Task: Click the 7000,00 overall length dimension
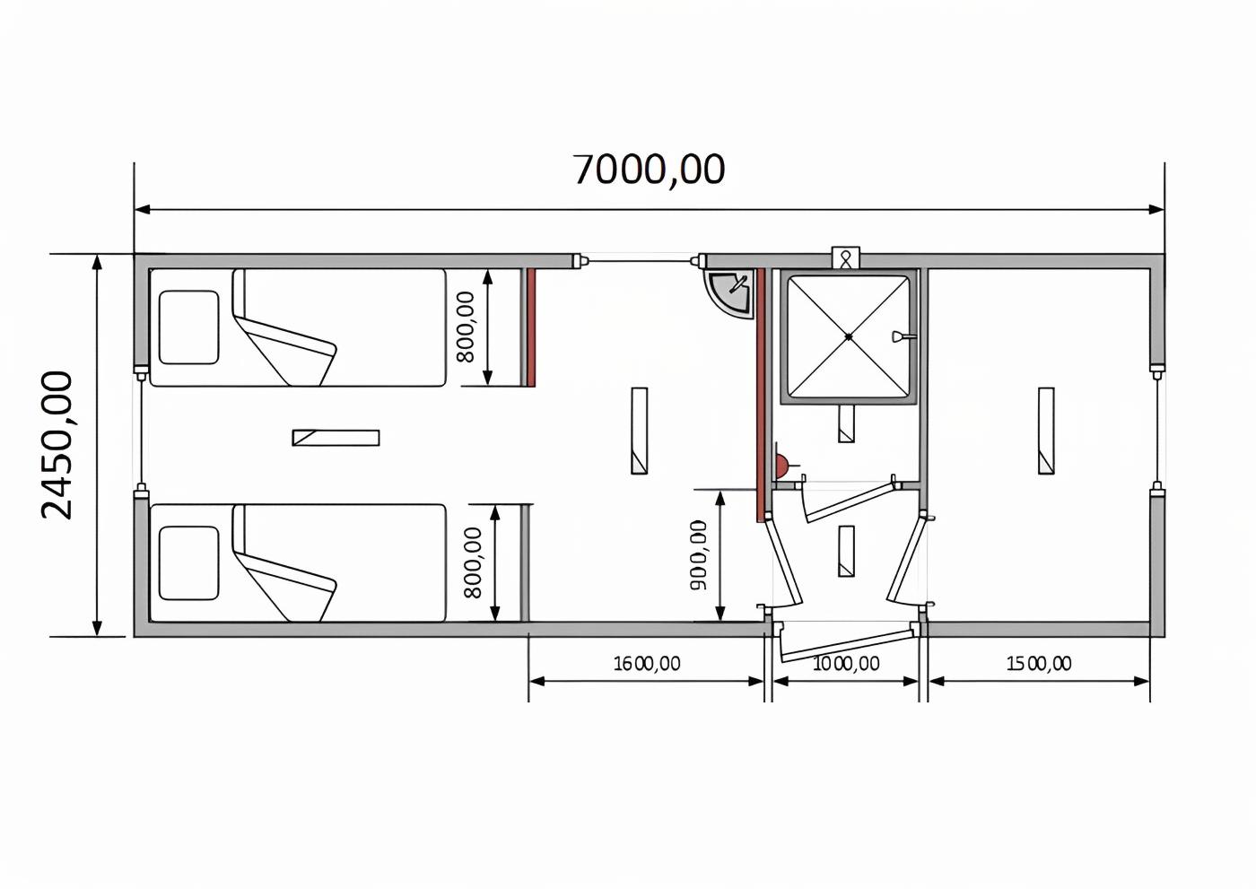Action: [650, 170]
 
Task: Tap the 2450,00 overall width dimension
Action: [57, 446]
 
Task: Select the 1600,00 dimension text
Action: [647, 664]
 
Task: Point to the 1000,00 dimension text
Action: [845, 664]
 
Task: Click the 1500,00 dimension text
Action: [1039, 664]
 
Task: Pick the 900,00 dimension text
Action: [699, 555]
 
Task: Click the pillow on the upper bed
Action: [188, 327]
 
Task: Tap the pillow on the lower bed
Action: [188, 562]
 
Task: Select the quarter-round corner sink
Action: [728, 293]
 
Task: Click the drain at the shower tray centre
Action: [849, 336]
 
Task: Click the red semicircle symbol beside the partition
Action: [782, 463]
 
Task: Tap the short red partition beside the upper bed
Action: [531, 328]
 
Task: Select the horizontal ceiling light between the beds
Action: [336, 438]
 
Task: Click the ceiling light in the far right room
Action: [1046, 431]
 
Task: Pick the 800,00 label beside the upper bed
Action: [466, 327]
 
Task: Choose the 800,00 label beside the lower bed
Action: [474, 562]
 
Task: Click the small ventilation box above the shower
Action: [845, 257]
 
